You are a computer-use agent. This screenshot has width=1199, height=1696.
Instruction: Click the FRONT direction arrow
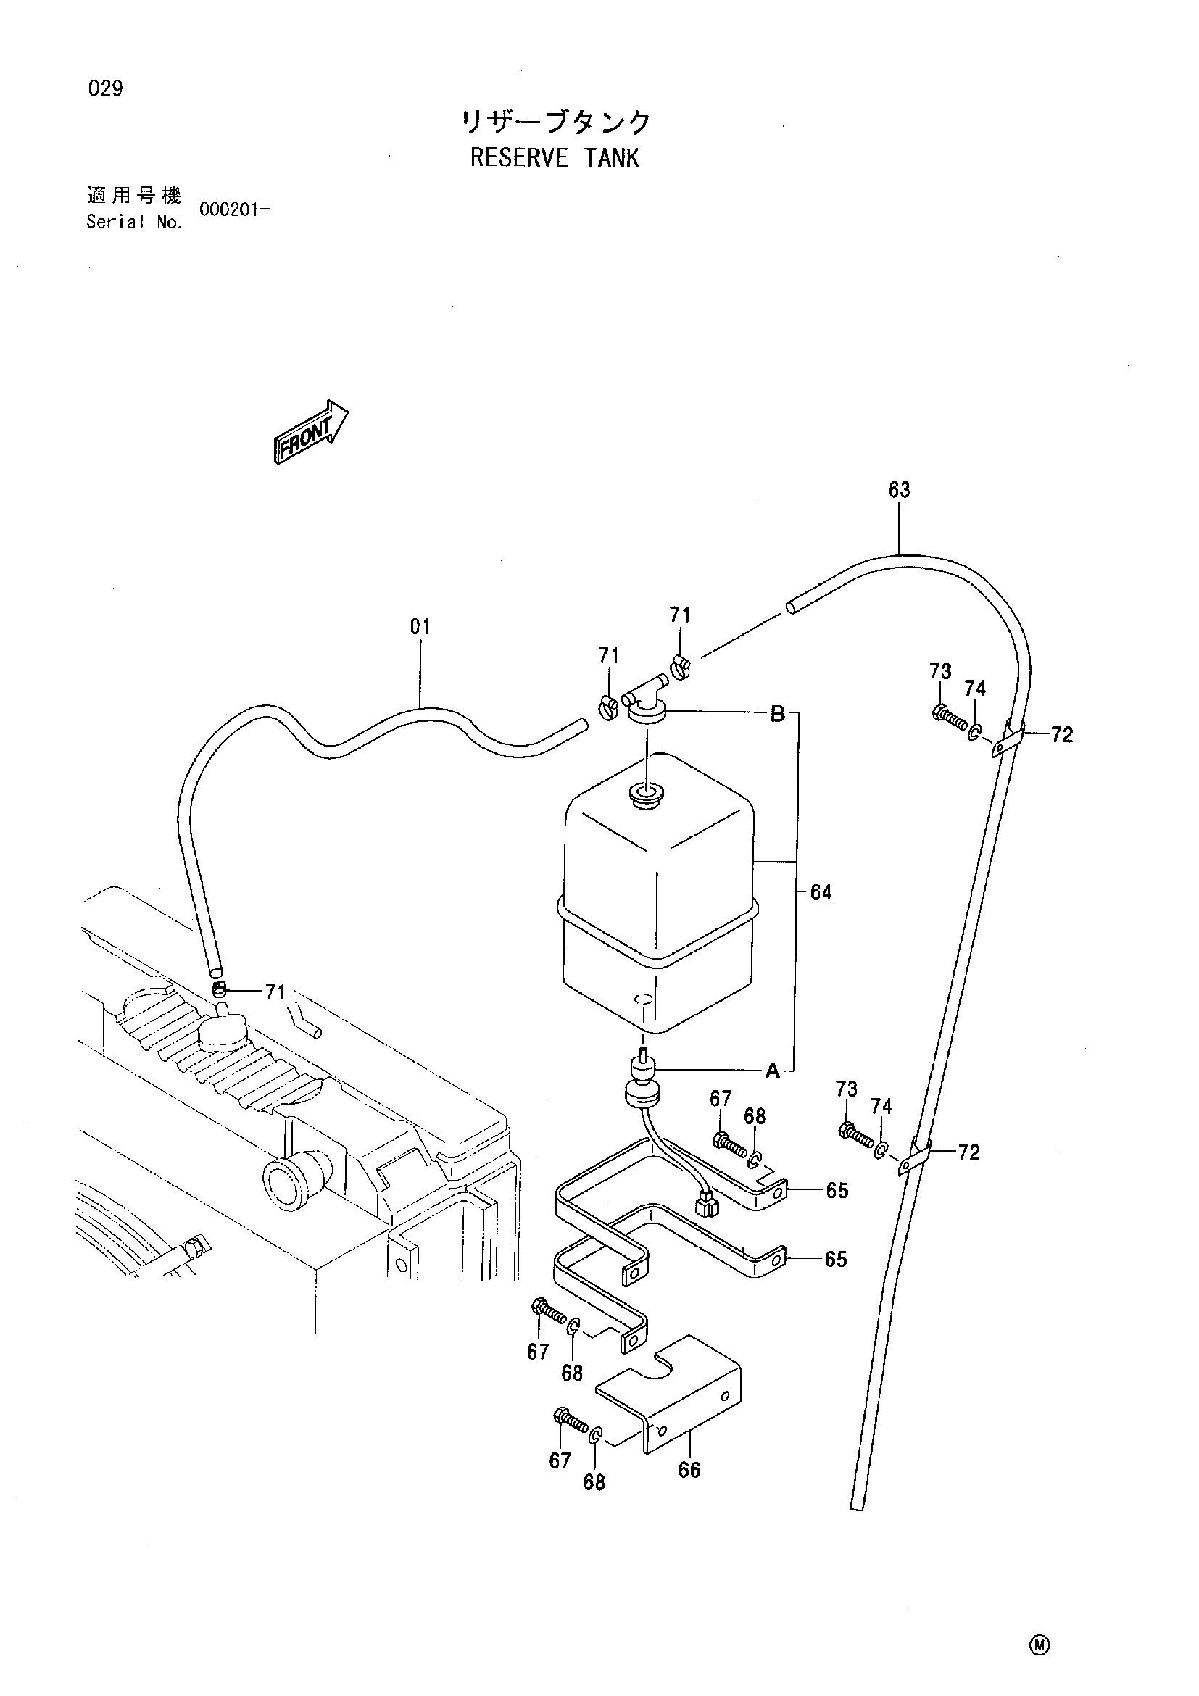(310, 432)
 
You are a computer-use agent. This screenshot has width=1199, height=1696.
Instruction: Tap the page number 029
(106, 89)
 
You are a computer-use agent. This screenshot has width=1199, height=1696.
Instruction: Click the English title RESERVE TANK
(554, 158)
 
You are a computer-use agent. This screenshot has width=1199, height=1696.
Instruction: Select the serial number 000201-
(233, 209)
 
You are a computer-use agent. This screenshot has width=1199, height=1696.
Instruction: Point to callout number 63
(899, 490)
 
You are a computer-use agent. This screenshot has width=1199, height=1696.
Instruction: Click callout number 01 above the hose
(420, 627)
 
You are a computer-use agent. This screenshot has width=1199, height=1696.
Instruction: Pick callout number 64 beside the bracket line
(821, 892)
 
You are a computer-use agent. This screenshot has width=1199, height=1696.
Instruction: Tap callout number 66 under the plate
(689, 1471)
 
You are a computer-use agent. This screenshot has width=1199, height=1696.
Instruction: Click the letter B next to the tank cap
(777, 714)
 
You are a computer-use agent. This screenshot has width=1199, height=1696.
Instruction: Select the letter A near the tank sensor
(772, 1071)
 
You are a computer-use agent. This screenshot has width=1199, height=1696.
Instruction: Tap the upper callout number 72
(1061, 735)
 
